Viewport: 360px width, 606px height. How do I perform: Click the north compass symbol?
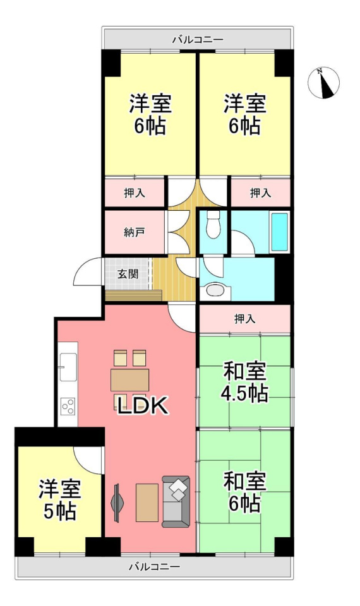coord(323,82)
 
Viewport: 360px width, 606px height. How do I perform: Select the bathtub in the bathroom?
coord(280,232)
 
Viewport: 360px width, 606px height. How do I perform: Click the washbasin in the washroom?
coord(215,290)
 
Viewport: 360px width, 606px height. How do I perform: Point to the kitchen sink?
coord(68,367)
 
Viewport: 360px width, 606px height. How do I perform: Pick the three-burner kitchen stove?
coord(68,406)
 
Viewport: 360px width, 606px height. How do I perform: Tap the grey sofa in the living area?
coord(176,501)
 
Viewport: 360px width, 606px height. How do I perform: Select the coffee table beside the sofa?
coord(147,502)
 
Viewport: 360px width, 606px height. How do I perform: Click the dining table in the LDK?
coord(129,380)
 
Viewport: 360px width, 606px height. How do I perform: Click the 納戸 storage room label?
coord(134,233)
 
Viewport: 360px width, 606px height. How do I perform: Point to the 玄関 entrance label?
coord(128,274)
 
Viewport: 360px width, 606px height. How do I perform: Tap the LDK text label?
coord(143,406)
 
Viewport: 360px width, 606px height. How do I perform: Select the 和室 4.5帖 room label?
coord(244,383)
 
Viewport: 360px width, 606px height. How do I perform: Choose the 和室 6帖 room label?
coord(244,493)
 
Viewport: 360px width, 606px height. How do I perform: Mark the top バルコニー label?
coord(198,39)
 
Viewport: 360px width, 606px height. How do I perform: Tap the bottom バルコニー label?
coord(154,567)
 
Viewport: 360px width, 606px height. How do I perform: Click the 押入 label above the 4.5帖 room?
coord(244,319)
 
